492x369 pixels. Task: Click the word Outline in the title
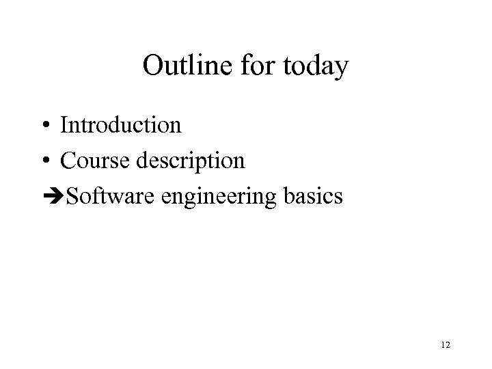click(182, 67)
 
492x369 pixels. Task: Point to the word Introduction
click(121, 125)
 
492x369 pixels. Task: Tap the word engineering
click(219, 198)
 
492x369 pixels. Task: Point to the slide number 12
click(446, 346)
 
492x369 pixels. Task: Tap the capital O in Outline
click(154, 67)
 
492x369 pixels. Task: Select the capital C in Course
click(68, 161)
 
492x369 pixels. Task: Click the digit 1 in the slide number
click(442, 346)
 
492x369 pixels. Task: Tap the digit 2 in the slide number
click(448, 346)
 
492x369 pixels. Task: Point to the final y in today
click(341, 70)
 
